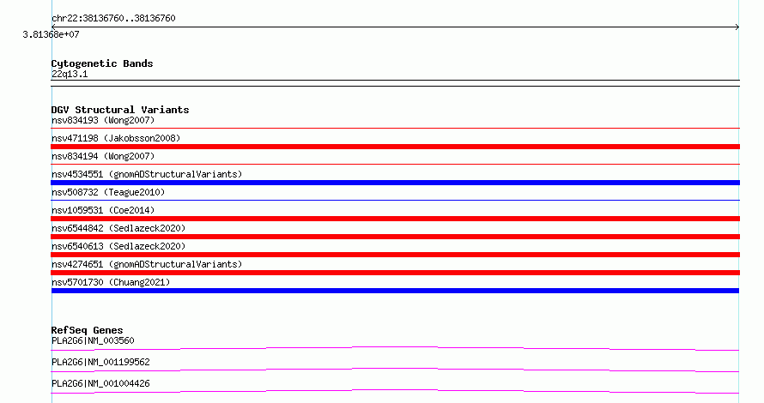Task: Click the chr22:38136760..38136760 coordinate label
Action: [113, 19]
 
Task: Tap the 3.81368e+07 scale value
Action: [52, 34]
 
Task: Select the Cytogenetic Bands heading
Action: [102, 63]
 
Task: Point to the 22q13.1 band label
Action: [70, 74]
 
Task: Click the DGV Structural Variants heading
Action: [120, 110]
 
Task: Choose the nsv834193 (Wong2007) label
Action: [103, 120]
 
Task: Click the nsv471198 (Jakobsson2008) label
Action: [116, 138]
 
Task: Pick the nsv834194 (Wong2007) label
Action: [103, 156]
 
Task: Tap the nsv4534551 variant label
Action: [147, 174]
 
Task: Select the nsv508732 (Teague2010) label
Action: [108, 192]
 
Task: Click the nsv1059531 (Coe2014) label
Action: [103, 210]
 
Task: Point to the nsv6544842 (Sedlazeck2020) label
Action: [118, 228]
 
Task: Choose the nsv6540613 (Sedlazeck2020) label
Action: [118, 246]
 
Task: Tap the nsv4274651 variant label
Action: [147, 264]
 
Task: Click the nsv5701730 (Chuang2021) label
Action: [111, 282]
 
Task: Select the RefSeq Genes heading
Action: [87, 330]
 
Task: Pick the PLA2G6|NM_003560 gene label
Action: [93, 340]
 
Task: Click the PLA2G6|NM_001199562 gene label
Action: [100, 362]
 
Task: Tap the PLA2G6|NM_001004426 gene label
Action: [100, 383]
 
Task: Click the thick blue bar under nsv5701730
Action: [395, 291]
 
